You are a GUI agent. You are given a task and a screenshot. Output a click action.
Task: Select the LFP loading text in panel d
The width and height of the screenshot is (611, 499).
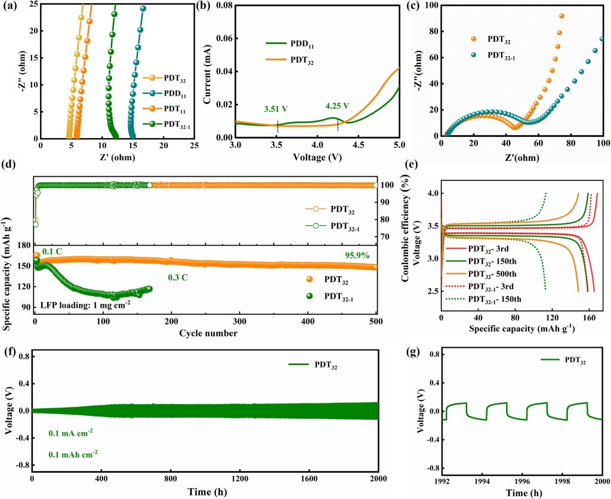point(87,304)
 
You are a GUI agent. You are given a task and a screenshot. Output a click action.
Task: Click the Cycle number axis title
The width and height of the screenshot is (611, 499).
point(207,333)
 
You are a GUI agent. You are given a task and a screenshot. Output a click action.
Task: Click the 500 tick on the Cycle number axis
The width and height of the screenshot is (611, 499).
point(377,323)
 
